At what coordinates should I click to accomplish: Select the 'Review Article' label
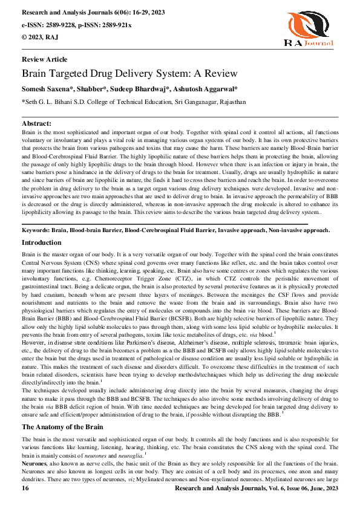tap(44, 60)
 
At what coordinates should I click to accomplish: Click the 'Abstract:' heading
tap(36, 123)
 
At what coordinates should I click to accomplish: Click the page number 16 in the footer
tap(25, 487)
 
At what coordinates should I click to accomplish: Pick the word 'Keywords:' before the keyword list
tap(36, 230)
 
